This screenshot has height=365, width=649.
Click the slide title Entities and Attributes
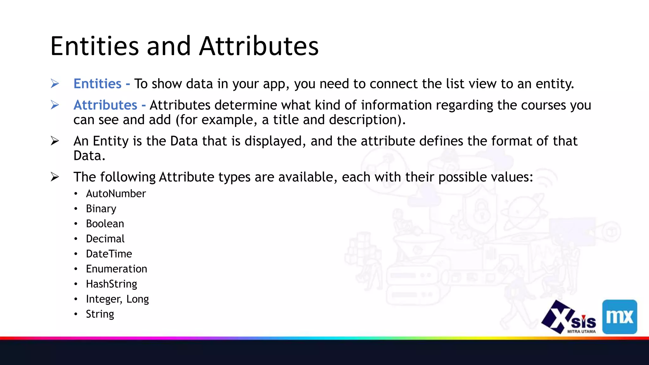184,46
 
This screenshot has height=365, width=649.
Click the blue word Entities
97,84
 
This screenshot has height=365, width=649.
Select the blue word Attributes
105,105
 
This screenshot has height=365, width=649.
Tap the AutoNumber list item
116,194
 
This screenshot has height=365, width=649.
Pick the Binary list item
101,209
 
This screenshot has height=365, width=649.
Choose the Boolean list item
105,224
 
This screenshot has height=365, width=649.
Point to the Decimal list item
105,239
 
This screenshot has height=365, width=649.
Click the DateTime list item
109,254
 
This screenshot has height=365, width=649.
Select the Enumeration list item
117,269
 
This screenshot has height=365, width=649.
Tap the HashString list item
112,284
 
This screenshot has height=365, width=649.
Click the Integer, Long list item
117,299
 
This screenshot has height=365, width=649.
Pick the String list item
100,314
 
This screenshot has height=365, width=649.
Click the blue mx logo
620,317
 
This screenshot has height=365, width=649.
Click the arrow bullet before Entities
55,84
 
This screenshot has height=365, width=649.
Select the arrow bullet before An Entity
55,141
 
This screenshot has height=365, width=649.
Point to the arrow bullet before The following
55,177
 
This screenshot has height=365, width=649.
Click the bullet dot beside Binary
76,209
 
